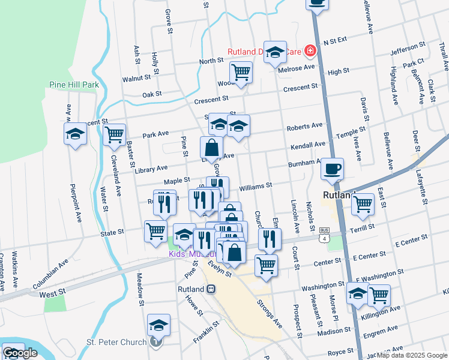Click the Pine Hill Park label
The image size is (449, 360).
pos(74,85)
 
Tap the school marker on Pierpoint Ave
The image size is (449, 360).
pos(76,134)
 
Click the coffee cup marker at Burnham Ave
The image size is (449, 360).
pos(332,169)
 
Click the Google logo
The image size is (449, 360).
pos(20,353)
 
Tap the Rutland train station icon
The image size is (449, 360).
pos(211,289)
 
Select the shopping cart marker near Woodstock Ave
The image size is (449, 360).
pos(241,73)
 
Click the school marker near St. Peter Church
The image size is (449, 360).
pos(158,326)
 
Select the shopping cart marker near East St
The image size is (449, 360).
pos(363,204)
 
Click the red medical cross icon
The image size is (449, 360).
pos(310,51)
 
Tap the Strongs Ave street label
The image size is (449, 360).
pos(270,314)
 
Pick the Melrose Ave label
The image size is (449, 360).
pos(297,68)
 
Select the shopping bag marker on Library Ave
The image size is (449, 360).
pos(211,148)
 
